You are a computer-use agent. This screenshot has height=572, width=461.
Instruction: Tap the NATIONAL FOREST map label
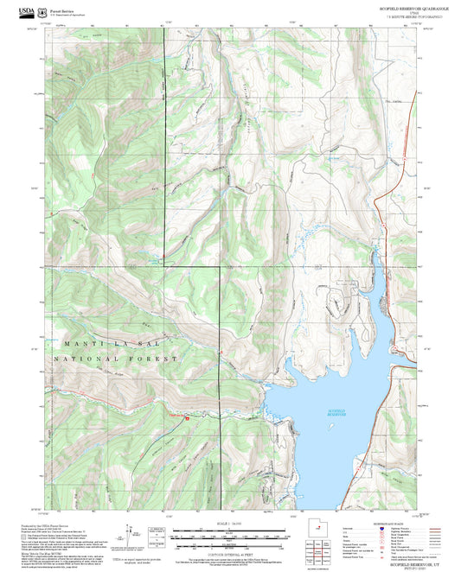point(115,357)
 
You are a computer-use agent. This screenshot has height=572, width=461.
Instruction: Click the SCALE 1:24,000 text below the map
point(229,524)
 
